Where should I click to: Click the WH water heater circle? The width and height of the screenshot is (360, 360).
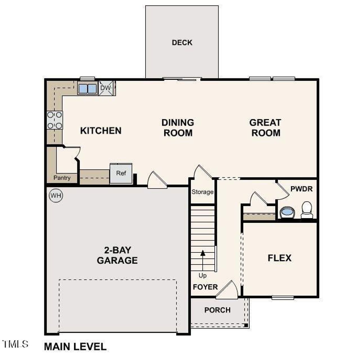click(x=56, y=196)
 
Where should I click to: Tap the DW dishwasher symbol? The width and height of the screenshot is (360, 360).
click(x=106, y=88)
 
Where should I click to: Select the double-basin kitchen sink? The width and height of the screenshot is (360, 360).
click(x=87, y=89)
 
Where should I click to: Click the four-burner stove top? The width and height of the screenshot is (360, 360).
click(x=55, y=120)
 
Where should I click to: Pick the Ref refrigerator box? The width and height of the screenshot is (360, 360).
click(x=121, y=173)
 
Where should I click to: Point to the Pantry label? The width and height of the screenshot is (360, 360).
click(x=62, y=178)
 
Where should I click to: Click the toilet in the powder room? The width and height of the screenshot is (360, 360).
click(x=307, y=210)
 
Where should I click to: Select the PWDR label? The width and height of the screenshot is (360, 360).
click(x=301, y=189)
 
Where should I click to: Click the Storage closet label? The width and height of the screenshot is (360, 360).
click(x=202, y=192)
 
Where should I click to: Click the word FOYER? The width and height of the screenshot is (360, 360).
click(x=205, y=287)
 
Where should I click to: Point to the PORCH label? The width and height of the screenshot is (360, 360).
click(x=217, y=310)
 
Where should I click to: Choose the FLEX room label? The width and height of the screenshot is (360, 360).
click(x=279, y=258)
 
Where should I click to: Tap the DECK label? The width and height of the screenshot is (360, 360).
click(x=182, y=42)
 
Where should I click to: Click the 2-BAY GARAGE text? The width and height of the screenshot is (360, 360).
click(x=117, y=255)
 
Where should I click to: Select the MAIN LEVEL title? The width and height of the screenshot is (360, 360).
click(x=75, y=346)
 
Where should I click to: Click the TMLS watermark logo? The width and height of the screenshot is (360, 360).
click(x=15, y=344)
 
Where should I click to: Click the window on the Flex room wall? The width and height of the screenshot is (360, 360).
click(x=283, y=298)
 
